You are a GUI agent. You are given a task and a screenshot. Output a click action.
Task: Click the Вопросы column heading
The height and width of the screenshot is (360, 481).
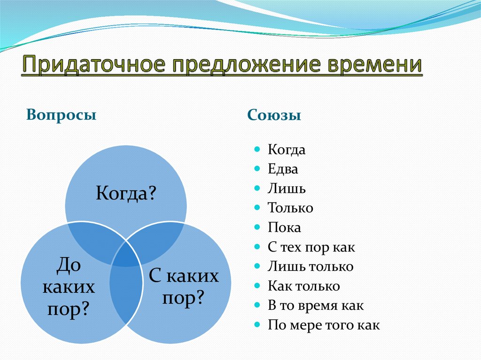62,115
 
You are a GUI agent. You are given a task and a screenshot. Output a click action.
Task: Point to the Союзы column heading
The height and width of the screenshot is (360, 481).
274,115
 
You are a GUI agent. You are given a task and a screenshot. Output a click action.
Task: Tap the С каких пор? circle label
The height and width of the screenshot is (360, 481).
184,286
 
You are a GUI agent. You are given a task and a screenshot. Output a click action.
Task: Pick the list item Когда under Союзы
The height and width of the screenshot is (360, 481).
287,150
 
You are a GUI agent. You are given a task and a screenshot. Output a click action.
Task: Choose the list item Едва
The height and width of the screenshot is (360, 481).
283,169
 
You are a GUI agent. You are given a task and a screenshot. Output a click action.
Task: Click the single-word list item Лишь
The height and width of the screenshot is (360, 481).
287,189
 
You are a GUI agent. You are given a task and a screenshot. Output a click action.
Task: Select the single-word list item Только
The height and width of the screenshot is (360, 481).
290,208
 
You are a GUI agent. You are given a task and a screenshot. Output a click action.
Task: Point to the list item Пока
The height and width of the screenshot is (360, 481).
284,228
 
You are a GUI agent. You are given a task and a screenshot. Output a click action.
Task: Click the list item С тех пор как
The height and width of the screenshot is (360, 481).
311,247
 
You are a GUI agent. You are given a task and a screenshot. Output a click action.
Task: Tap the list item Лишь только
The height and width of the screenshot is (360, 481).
310,267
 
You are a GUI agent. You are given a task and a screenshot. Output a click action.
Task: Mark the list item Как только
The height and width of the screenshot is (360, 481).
303,286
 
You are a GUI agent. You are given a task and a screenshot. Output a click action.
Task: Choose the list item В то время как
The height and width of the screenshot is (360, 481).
316,305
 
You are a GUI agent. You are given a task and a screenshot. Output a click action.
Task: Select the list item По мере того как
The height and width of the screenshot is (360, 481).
324,325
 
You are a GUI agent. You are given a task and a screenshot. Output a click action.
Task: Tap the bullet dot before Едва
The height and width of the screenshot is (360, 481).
257,169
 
